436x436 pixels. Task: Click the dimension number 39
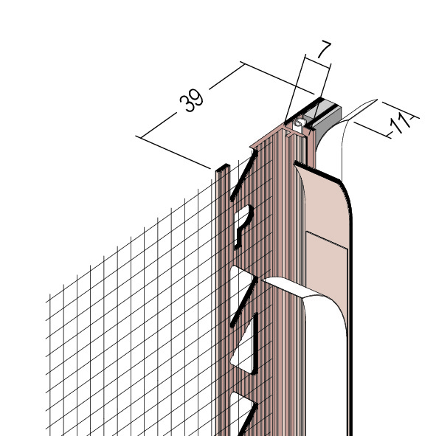point(191,100)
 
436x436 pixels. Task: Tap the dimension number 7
point(324,49)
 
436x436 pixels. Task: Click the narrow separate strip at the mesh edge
point(223,278)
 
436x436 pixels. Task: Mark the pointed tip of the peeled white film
point(376,100)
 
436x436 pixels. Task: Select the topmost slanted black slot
point(243,176)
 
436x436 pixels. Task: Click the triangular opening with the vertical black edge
point(243,345)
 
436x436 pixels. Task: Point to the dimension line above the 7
point(318,61)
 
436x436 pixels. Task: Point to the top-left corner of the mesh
point(49,294)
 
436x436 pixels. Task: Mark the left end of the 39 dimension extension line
point(136,136)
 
